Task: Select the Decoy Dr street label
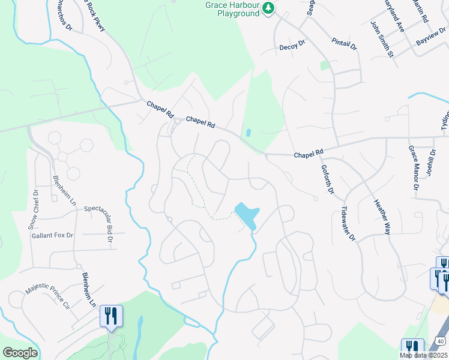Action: pos(292,45)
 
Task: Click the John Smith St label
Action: pos(382,40)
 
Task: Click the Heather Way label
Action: pos(382,217)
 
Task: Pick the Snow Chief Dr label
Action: pos(34,210)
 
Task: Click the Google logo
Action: pos(19,353)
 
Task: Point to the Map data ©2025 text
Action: pos(424,355)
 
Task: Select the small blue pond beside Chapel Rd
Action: pos(249,133)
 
